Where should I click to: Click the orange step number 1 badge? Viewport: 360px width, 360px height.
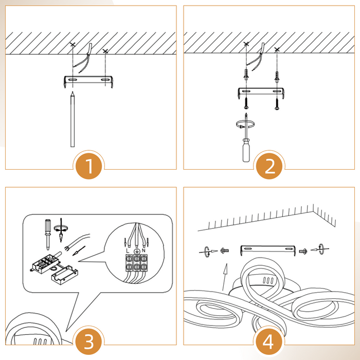tap(88, 166)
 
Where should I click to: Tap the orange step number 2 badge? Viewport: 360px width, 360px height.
tap(269, 166)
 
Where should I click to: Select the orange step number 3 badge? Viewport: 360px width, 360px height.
tap(88, 341)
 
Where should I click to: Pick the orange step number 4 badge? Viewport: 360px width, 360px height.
tap(268, 341)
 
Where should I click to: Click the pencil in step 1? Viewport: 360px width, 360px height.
tap(73, 119)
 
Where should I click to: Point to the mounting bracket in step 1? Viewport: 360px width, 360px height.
tap(88, 81)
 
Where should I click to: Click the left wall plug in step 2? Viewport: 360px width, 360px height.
tap(246, 75)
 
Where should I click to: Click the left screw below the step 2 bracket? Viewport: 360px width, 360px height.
tap(246, 103)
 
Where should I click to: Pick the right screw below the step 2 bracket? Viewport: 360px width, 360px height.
tap(277, 104)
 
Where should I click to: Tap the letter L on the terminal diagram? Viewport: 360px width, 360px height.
tap(128, 251)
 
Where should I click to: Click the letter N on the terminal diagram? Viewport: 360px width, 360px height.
tap(143, 250)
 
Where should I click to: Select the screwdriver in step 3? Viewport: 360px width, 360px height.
tap(48, 235)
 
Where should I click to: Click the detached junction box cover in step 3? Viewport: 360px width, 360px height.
tap(64, 275)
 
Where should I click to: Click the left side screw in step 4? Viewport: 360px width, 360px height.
tap(224, 250)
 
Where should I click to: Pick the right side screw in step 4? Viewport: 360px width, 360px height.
tap(303, 251)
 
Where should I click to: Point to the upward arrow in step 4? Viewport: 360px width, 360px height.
tap(225, 277)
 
